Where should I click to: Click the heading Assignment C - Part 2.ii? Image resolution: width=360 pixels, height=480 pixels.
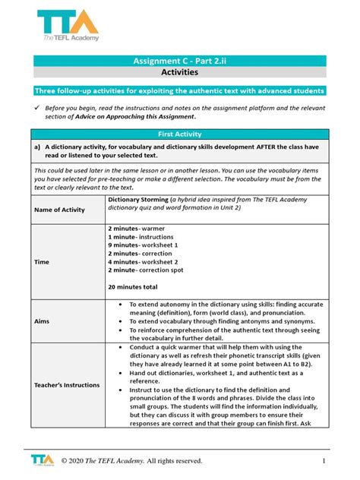coord(180,60)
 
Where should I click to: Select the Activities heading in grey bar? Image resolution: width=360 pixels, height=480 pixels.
coord(180,73)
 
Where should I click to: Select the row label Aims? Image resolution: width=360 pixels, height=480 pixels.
coord(42,321)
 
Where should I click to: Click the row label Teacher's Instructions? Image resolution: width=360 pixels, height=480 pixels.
coord(67,384)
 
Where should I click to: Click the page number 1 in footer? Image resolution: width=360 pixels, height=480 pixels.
coord(323,460)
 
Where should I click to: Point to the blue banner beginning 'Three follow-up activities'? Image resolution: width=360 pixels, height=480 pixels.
coord(180,90)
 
